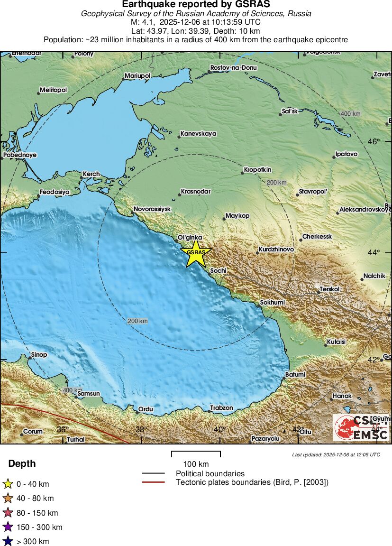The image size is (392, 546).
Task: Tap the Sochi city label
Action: [x=218, y=270]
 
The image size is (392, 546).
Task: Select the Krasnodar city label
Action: [x=195, y=192]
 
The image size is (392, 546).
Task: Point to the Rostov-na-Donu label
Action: [x=233, y=68]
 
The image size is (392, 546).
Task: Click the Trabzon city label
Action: [x=221, y=408]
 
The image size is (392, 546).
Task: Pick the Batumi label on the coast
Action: [x=295, y=375]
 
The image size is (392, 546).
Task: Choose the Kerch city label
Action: [x=91, y=174]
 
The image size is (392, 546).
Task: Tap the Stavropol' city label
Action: [x=313, y=192]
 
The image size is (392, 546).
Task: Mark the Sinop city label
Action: [x=39, y=355]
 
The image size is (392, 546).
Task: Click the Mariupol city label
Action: [x=137, y=76]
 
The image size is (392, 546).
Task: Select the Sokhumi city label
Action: [x=273, y=303]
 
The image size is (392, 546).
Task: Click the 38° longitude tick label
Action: [x=141, y=430]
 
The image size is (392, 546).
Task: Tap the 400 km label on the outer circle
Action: [x=350, y=114]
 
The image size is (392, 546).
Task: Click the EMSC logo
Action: [x=361, y=427]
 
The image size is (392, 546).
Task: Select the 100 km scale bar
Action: [x=196, y=454]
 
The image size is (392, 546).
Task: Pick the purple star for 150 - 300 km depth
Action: [x=8, y=527]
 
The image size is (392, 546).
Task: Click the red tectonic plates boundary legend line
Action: [x=153, y=482]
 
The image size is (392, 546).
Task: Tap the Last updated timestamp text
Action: [x=336, y=454]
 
